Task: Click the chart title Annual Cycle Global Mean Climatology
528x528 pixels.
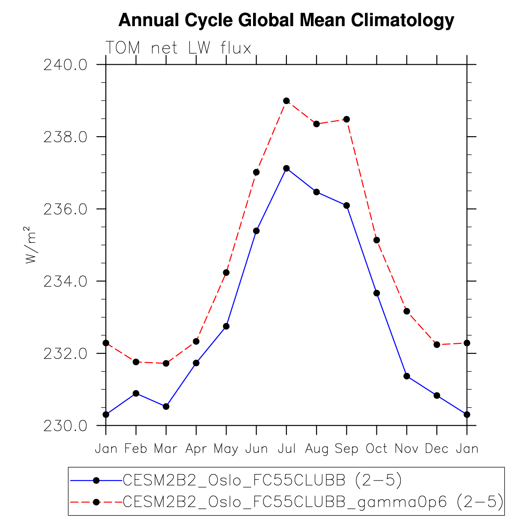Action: [286, 20]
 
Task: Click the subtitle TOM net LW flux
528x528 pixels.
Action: [178, 48]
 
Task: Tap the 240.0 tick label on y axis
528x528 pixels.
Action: [65, 65]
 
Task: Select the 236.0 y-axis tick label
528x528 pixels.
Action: [65, 209]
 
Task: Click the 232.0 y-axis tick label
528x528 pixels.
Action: [65, 354]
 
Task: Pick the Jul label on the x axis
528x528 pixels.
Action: [286, 449]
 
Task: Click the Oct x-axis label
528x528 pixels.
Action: [376, 449]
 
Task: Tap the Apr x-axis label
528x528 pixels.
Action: [196, 449]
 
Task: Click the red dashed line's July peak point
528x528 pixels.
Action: [286, 101]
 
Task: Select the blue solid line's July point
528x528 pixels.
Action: [286, 168]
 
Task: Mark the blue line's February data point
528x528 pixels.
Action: [136, 393]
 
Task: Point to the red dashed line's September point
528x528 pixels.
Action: [346, 119]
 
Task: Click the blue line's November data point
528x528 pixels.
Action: [407, 376]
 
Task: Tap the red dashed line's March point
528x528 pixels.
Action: [166, 363]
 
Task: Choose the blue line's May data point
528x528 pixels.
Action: [226, 326]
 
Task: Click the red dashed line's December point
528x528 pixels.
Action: [437, 344]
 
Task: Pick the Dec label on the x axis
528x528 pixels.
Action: [437, 449]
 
